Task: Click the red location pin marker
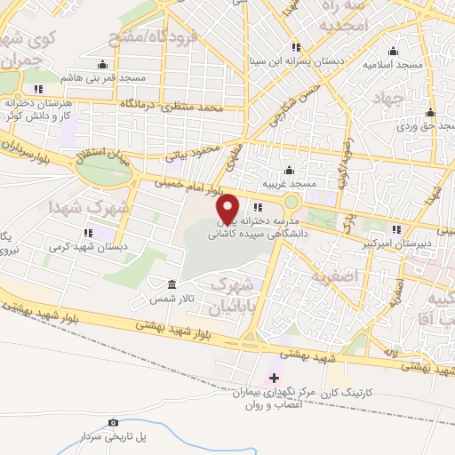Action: click(x=228, y=209)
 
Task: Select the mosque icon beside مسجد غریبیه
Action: click(x=288, y=170)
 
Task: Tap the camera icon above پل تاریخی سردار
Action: click(x=113, y=422)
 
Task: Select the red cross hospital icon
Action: click(x=275, y=379)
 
